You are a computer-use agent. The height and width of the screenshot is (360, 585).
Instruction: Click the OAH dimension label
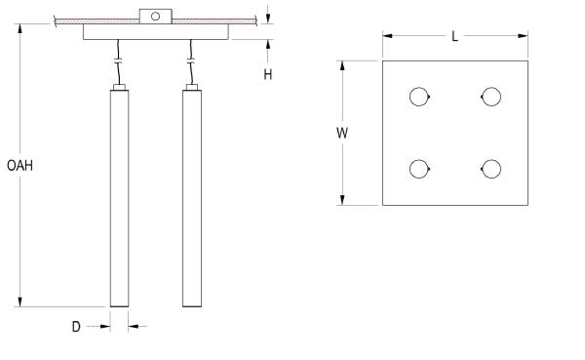(19, 166)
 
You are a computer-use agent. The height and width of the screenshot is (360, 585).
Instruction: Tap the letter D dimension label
(76, 327)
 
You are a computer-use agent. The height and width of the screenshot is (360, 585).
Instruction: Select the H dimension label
(268, 75)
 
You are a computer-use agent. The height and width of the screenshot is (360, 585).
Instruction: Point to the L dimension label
(454, 37)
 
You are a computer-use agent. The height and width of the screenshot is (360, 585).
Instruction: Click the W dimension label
(342, 133)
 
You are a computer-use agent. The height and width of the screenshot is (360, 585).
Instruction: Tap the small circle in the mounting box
(156, 16)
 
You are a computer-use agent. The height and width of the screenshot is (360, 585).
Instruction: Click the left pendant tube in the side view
(119, 198)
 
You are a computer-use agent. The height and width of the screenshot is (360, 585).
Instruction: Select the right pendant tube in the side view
(192, 198)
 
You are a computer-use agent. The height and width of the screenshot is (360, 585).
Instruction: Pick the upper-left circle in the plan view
(418, 97)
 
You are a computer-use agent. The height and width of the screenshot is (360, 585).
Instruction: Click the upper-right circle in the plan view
(491, 97)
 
